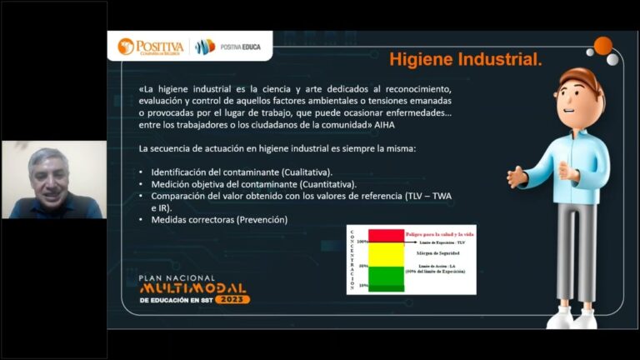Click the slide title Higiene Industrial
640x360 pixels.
465,61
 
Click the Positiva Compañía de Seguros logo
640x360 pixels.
151,46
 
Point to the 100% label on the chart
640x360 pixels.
362,242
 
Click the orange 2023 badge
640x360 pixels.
232,299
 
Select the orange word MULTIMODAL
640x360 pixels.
192,288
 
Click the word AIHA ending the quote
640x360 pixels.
385,125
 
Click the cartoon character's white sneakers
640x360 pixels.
572,317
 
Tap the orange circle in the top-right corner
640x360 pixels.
602,46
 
